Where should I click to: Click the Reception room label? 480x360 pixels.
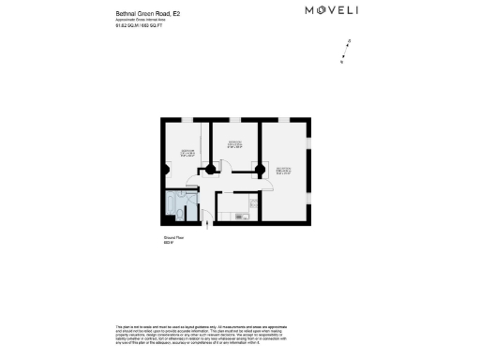[283, 171]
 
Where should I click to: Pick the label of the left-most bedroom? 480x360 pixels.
[187, 153]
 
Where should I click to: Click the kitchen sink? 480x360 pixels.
[239, 217]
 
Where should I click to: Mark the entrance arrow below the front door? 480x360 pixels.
[207, 225]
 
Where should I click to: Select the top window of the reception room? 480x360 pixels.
[283, 120]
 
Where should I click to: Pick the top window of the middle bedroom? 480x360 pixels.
[234, 120]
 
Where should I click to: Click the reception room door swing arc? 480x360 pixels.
[266, 183]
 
